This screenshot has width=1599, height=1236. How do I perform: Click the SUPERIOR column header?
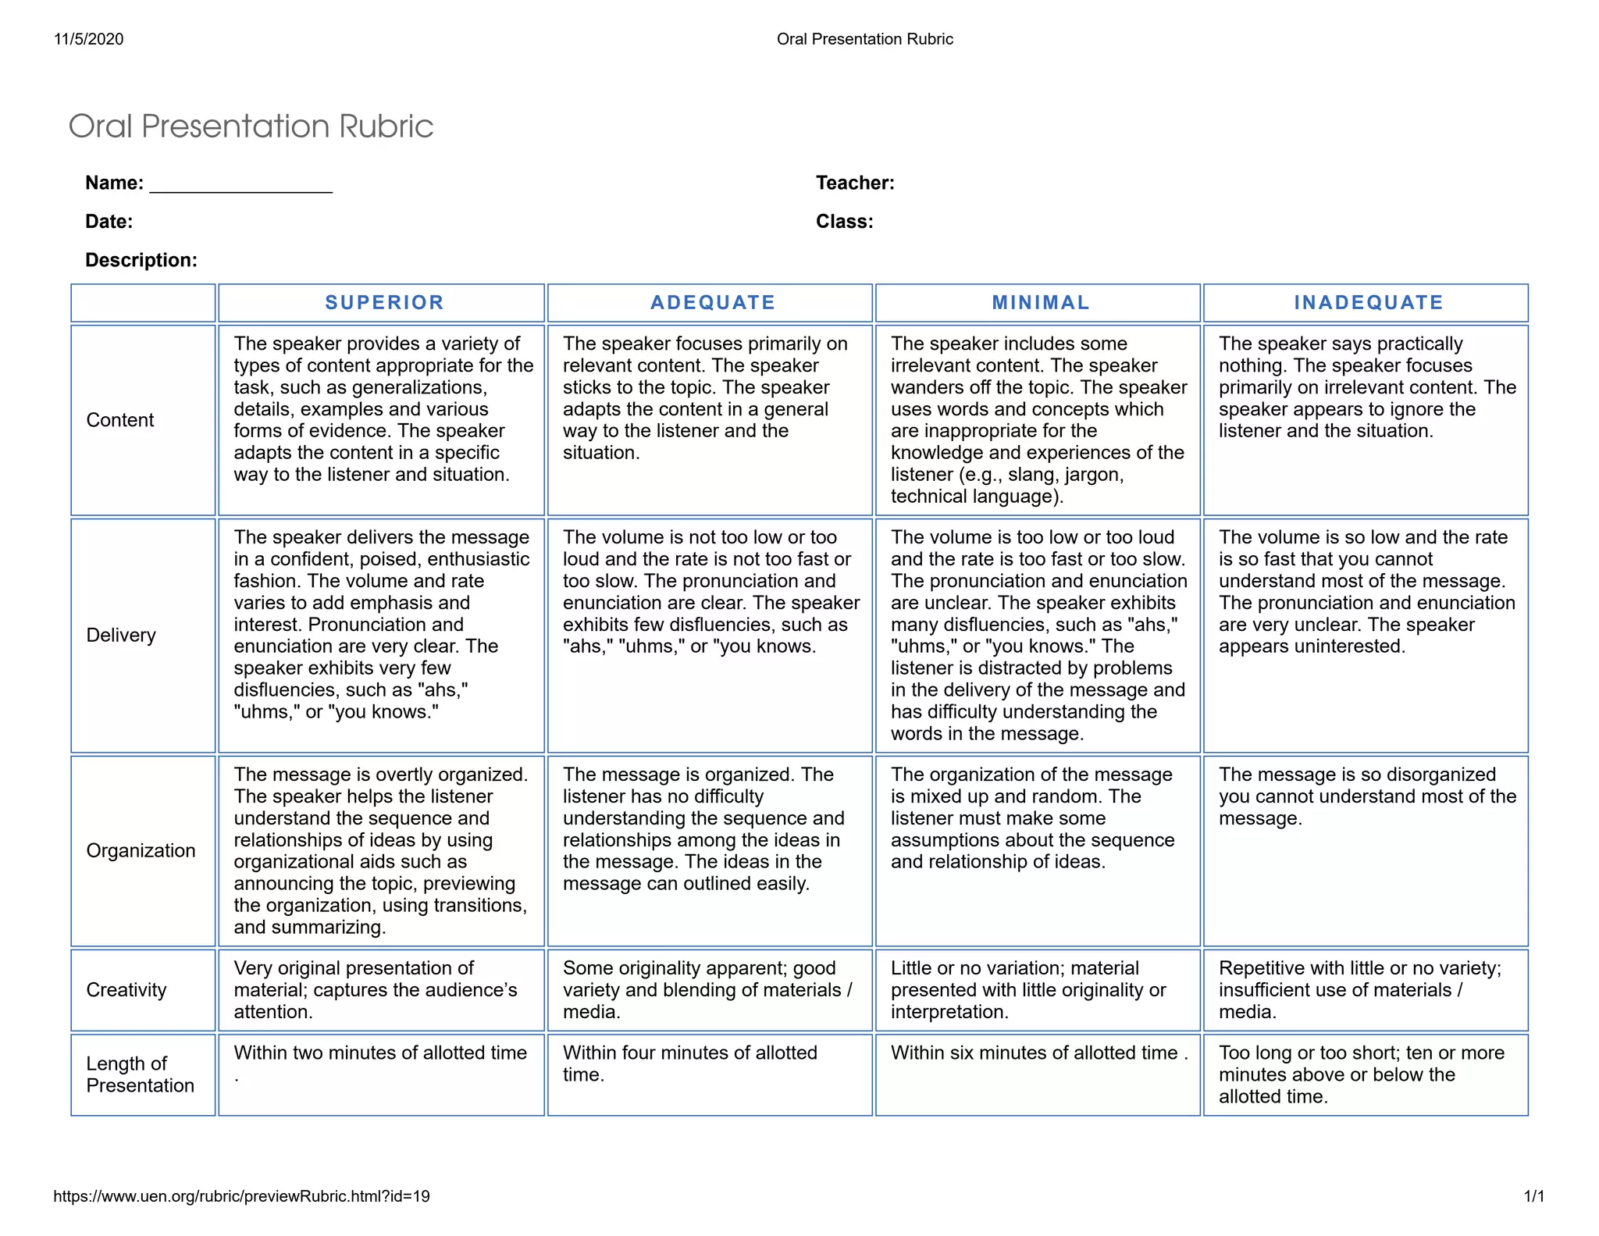click(384, 303)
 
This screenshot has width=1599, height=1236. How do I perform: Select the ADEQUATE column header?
click(713, 303)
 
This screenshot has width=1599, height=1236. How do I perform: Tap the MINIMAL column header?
click(1041, 303)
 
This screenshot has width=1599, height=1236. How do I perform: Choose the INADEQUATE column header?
click(1369, 303)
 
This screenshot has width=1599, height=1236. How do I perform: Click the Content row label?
click(120, 420)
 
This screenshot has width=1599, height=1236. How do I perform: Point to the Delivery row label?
click(121, 636)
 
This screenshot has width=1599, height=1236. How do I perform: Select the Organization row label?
click(141, 850)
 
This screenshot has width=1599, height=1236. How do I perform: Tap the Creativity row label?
click(126, 990)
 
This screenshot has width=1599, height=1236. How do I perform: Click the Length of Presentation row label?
click(140, 1074)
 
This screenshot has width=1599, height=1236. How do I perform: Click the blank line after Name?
click(240, 184)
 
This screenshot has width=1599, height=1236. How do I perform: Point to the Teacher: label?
click(855, 183)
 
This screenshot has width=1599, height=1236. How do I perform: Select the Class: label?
click(844, 222)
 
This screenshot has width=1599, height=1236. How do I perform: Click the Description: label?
click(141, 260)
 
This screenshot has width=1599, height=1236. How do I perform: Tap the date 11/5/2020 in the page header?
click(89, 39)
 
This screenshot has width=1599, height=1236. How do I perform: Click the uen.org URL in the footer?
click(241, 1196)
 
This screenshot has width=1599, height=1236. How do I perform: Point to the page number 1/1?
click(1533, 1196)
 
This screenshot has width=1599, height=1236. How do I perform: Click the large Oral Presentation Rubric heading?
click(251, 126)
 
